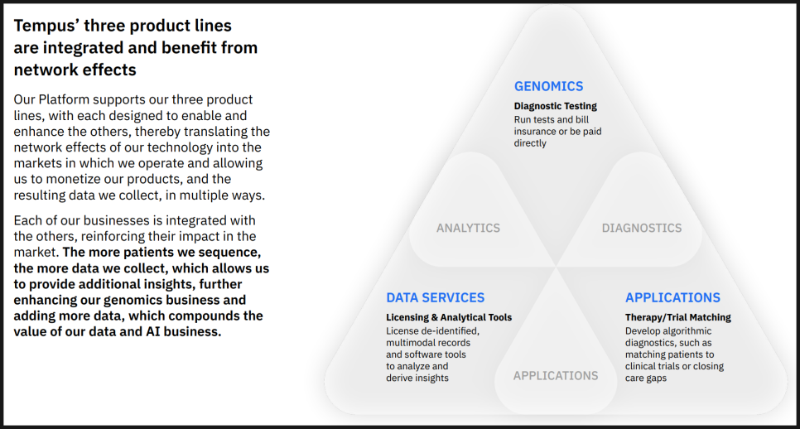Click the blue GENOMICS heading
click(548, 86)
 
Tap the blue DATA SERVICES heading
click(436, 297)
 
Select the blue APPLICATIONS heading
click(673, 297)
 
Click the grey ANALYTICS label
click(469, 228)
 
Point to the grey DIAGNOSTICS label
click(642, 228)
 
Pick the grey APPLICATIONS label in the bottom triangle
click(556, 376)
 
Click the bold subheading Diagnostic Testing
click(556, 106)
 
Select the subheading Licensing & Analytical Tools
click(449, 317)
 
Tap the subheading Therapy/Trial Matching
click(678, 317)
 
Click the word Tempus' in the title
click(46, 26)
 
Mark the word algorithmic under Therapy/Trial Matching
click(687, 331)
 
